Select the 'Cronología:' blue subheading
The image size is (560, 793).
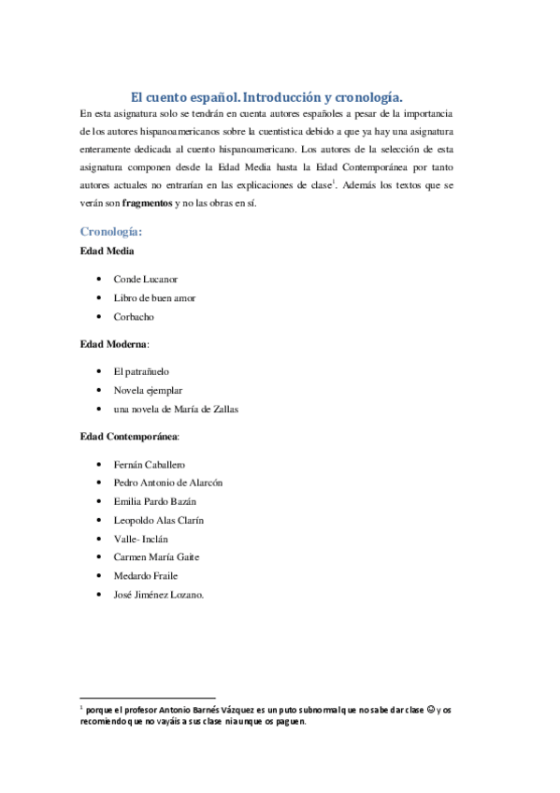[x=111, y=231]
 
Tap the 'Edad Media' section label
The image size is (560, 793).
[x=107, y=252]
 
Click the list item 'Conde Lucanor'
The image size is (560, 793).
[x=145, y=280]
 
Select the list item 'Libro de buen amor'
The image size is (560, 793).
[x=154, y=298]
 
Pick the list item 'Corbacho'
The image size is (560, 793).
[x=135, y=317]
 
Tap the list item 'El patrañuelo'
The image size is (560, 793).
[x=141, y=372]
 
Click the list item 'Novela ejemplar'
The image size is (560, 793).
[x=148, y=390]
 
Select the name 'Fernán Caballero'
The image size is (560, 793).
[x=149, y=465]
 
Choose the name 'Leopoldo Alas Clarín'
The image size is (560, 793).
[x=158, y=520]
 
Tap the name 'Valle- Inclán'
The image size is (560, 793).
[x=139, y=539]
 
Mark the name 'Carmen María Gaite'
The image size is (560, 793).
[x=156, y=557]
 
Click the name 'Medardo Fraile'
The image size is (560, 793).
[x=145, y=576]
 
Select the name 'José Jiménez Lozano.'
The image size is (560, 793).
[x=158, y=595]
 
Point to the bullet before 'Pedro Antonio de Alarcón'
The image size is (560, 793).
[x=99, y=483]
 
